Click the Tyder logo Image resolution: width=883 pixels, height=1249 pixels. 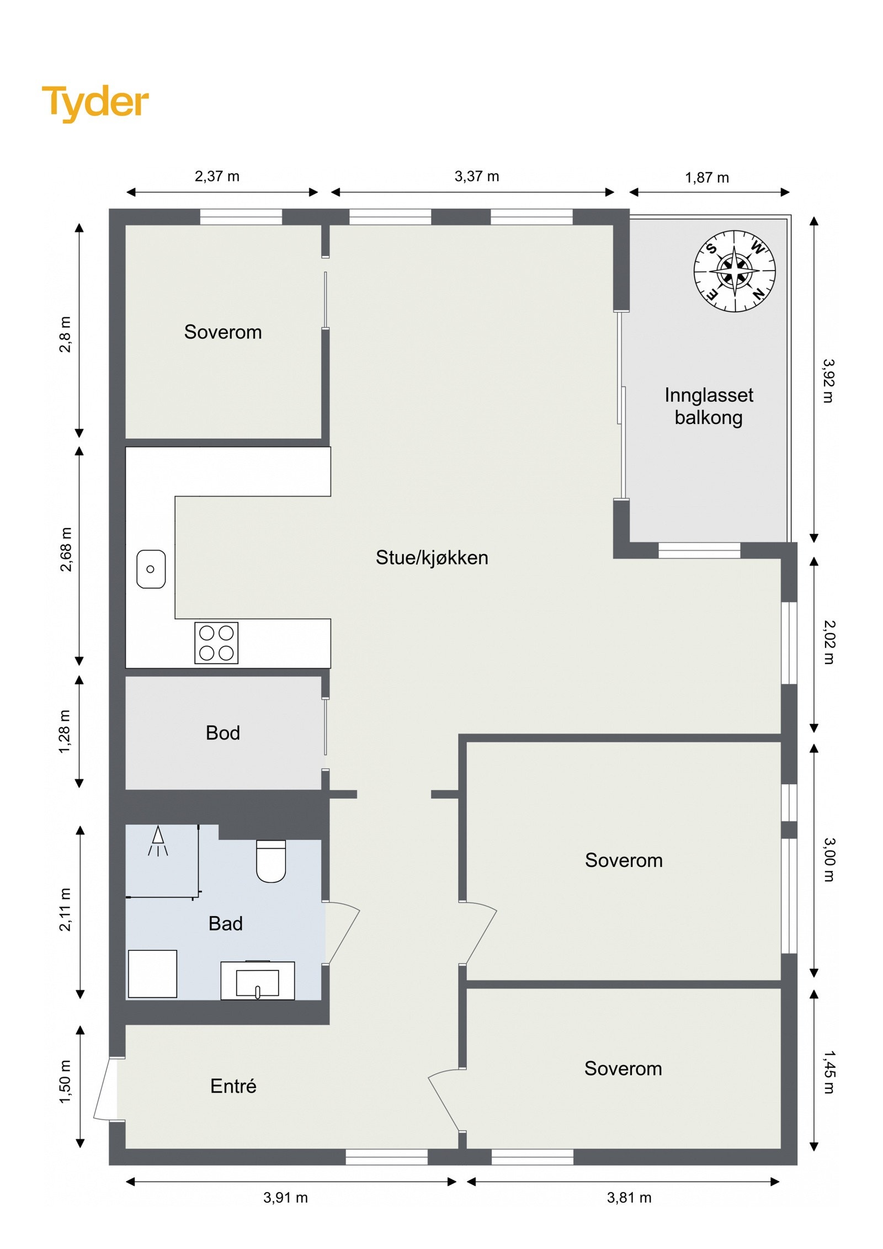click(95, 102)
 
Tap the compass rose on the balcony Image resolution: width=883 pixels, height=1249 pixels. click(734, 271)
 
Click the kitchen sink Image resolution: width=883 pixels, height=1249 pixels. click(151, 569)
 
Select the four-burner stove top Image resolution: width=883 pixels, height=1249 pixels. click(216, 642)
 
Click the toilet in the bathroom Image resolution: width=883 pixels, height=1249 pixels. click(270, 860)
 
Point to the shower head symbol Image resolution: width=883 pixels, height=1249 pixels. click(158, 841)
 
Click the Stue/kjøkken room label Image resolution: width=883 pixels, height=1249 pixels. click(432, 557)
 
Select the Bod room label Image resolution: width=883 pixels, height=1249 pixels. click(222, 733)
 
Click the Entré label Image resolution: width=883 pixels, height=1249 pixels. click(233, 1086)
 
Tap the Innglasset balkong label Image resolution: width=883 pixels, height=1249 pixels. click(709, 406)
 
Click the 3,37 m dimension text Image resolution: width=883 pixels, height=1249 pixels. click(476, 177)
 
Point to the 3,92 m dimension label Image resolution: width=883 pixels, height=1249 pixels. click(828, 381)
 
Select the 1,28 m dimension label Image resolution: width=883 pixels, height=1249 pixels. click(65, 731)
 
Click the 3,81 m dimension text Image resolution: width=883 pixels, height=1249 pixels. click(629, 1198)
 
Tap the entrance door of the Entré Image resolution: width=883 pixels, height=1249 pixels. click(105, 1088)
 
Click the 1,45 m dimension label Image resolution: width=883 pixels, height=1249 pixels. click(828, 1072)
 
